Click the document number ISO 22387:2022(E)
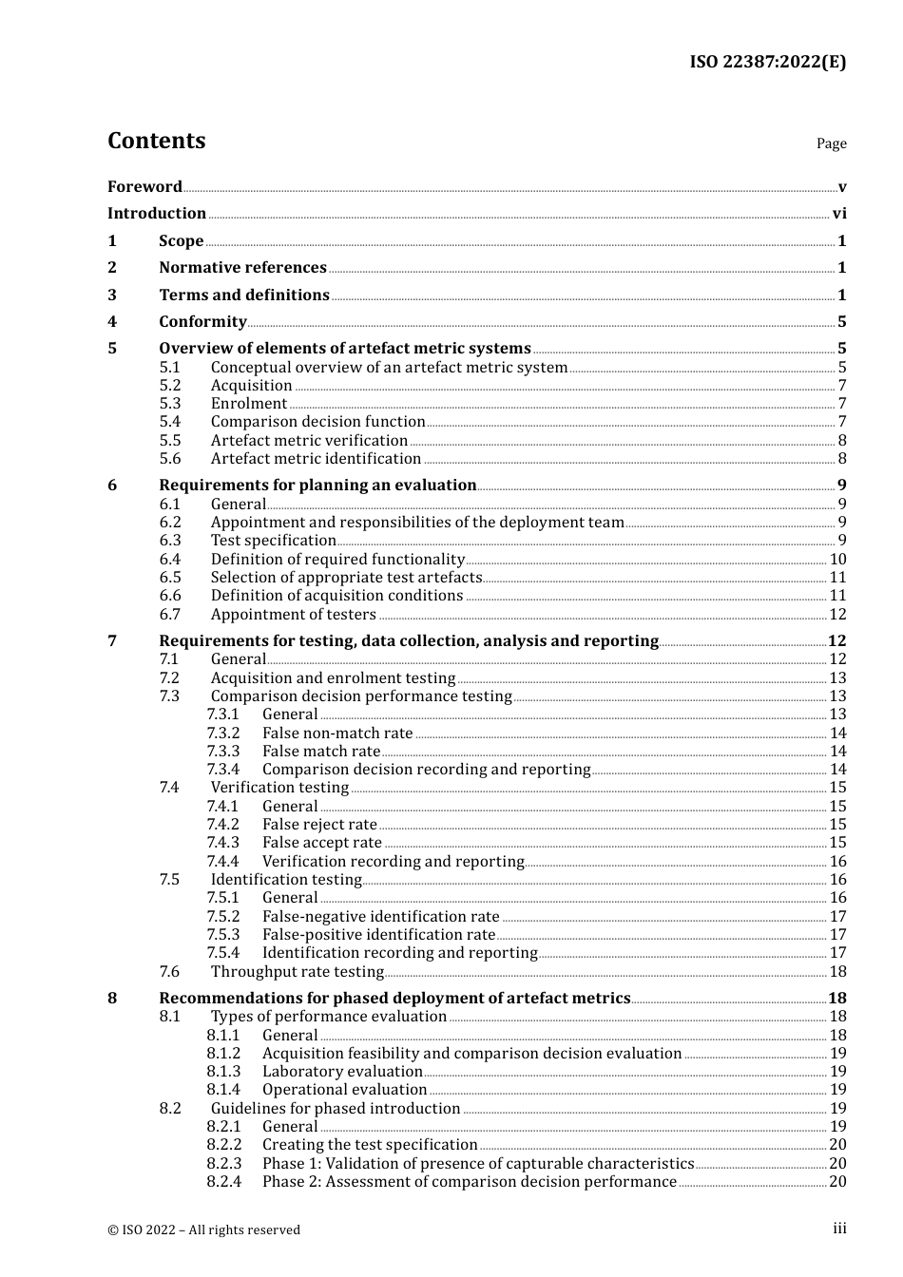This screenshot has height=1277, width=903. (767, 62)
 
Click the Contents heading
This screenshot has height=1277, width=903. (156, 141)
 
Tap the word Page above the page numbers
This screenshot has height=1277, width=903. (831, 143)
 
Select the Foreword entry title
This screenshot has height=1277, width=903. (144, 187)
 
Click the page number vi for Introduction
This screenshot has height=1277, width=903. (839, 214)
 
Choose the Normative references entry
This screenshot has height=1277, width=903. (242, 268)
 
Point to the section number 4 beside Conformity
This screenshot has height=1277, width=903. (112, 322)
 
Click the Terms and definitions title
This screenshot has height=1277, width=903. (244, 295)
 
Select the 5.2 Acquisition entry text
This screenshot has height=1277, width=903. (251, 386)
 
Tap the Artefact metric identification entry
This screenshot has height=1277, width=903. (316, 459)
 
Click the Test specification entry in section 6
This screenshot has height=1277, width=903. (273, 541)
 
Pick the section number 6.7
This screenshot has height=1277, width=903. (170, 615)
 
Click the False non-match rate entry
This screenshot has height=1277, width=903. (337, 734)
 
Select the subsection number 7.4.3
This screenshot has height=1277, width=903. (223, 843)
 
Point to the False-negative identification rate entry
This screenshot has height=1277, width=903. (380, 917)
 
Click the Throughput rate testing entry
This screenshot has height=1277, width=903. (297, 972)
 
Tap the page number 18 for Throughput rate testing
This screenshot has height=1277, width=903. (837, 972)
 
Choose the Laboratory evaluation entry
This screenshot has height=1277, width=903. (342, 1072)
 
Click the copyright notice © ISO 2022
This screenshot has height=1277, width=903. (203, 1229)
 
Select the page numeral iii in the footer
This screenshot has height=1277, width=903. (839, 1229)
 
